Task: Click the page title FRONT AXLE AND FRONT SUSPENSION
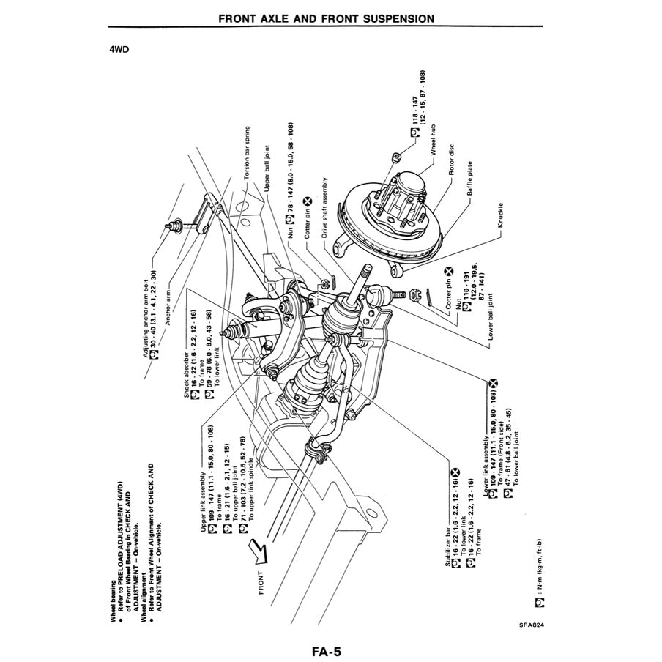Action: pyautogui.click(x=326, y=18)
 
